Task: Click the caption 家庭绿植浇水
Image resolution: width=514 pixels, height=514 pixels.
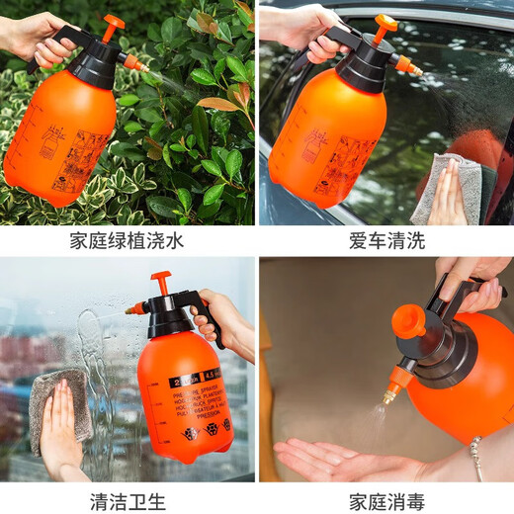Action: tap(128, 239)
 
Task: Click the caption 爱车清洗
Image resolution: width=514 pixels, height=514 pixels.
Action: tap(386, 239)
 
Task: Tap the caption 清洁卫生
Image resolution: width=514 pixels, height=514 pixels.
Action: tap(128, 500)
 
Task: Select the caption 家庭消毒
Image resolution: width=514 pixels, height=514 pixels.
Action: tap(386, 500)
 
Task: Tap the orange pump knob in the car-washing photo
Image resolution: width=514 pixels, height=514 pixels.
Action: tap(385, 23)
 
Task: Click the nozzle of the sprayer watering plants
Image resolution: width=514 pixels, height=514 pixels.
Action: tap(136, 65)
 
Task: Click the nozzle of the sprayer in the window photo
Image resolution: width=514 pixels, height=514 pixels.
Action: tap(132, 309)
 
